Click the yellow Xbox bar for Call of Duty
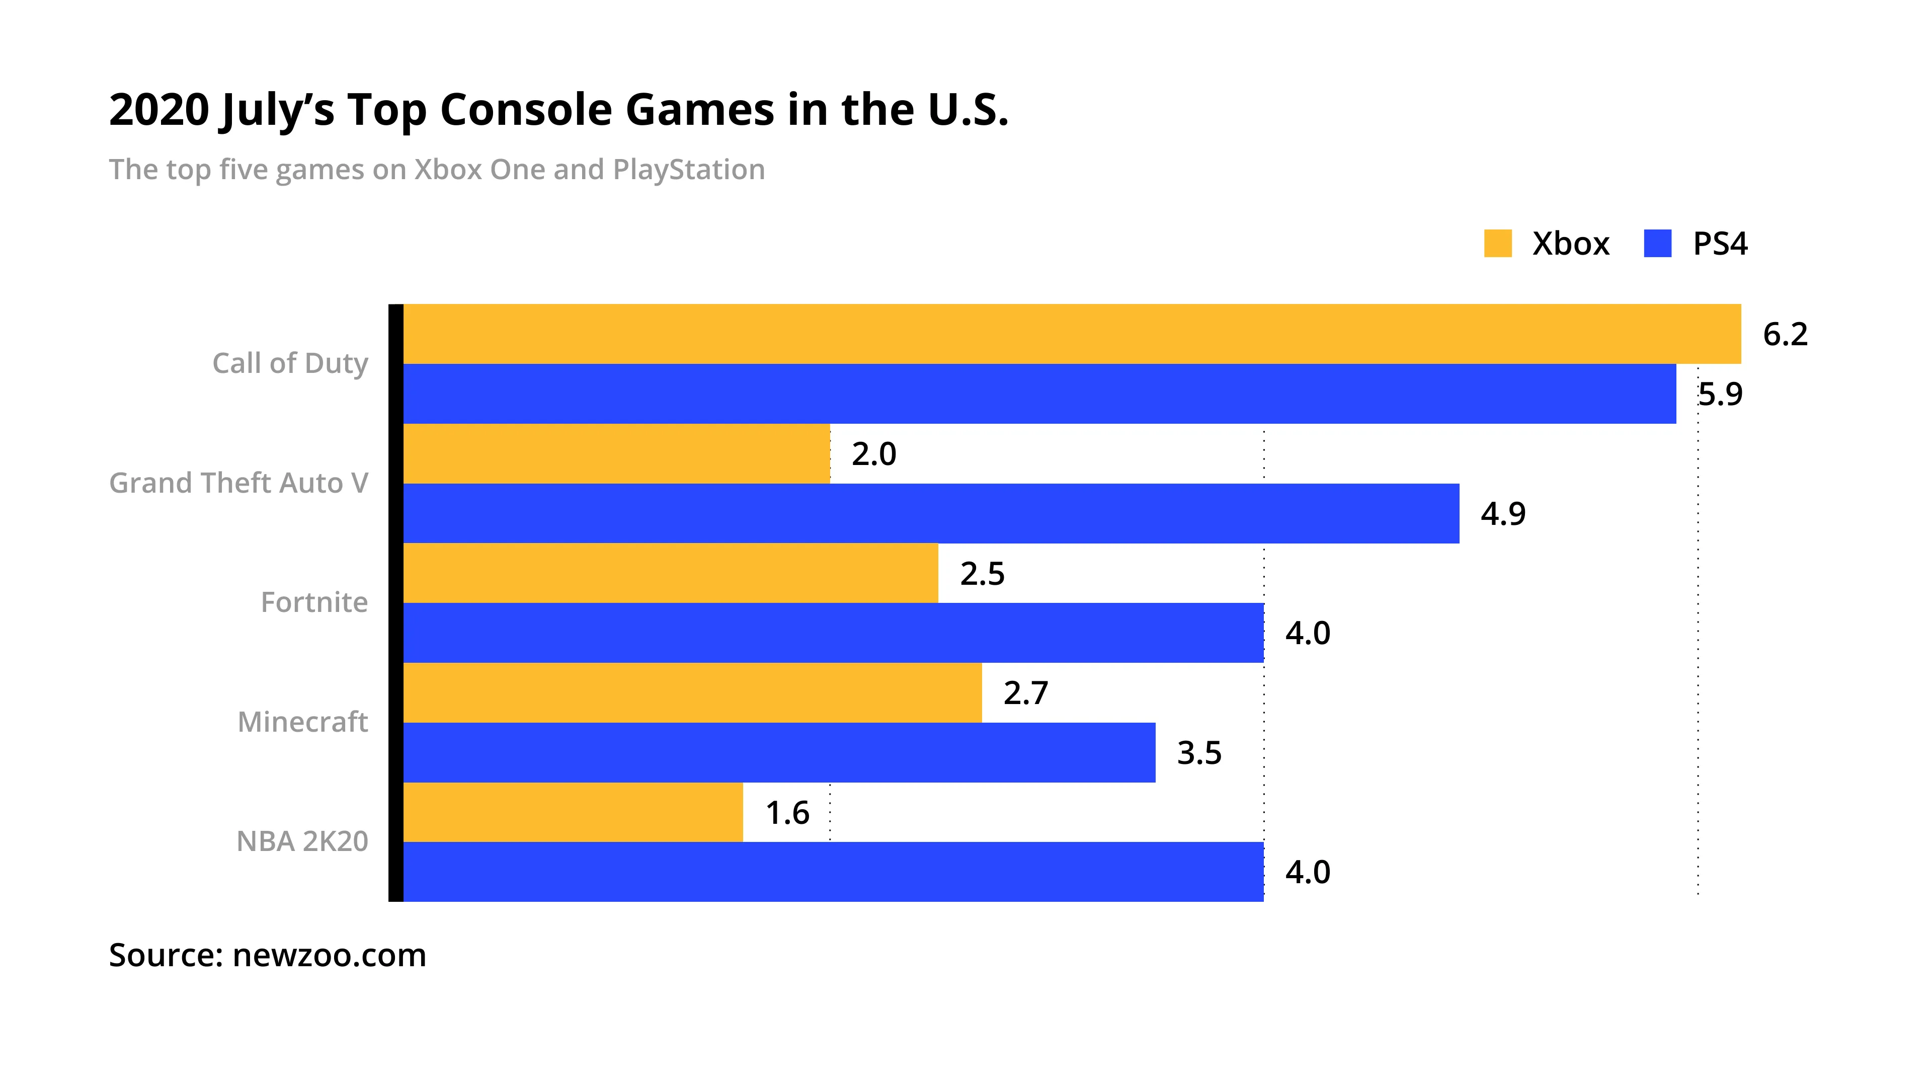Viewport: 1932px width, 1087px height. pyautogui.click(x=1073, y=334)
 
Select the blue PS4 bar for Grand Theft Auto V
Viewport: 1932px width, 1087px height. pyautogui.click(x=930, y=513)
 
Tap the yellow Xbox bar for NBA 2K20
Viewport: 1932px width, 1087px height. pyautogui.click(x=573, y=812)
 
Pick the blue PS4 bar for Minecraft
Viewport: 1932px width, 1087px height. pyautogui.click(x=778, y=752)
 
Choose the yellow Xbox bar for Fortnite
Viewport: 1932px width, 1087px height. pyautogui.click(x=671, y=573)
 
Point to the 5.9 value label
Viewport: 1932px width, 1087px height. pyautogui.click(x=1721, y=395)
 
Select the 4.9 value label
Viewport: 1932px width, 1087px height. pyautogui.click(x=1503, y=514)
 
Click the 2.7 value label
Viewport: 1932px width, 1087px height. pyautogui.click(x=1025, y=693)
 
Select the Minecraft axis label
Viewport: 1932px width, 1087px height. pyautogui.click(x=302, y=722)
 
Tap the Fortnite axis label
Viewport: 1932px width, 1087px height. pyautogui.click(x=314, y=602)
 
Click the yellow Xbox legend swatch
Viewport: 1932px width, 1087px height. pyautogui.click(x=1498, y=244)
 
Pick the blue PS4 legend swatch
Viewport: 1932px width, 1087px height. pyautogui.click(x=1657, y=244)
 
